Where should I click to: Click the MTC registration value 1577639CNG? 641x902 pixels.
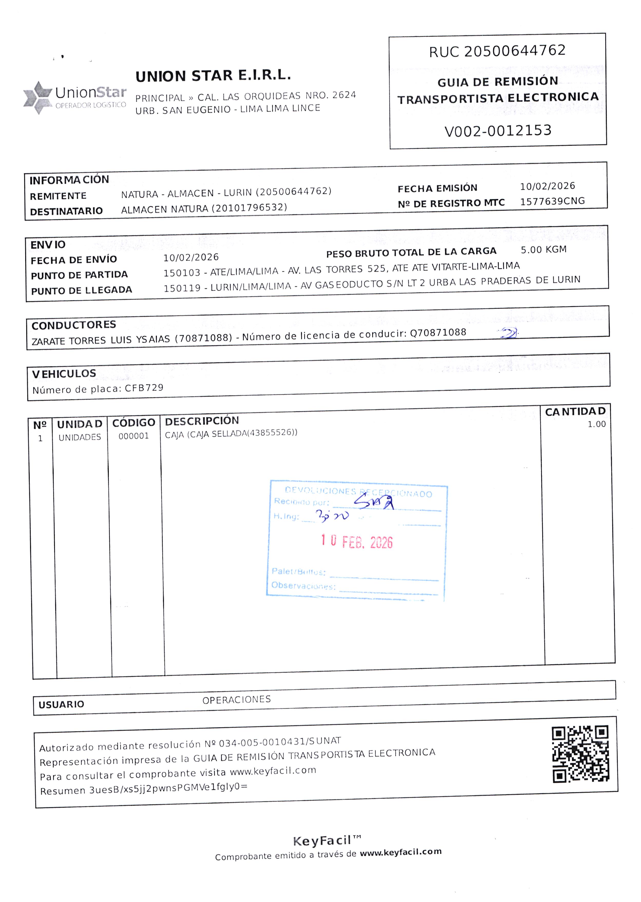(x=552, y=201)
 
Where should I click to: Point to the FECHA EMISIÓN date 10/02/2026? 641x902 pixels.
(x=548, y=186)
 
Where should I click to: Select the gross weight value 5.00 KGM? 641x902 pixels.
(x=543, y=250)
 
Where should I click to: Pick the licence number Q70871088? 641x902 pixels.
(x=438, y=333)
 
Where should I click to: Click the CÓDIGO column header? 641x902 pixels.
(x=134, y=423)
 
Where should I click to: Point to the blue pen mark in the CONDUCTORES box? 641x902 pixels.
(x=509, y=334)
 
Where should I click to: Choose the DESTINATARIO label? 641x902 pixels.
(x=66, y=211)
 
